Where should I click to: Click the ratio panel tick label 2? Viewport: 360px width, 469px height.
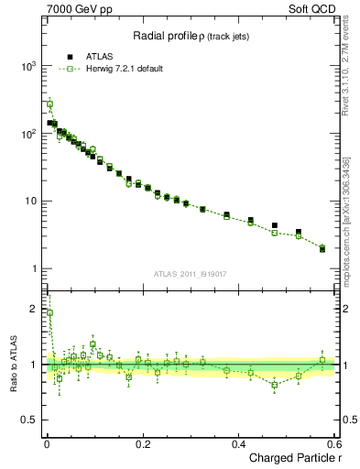coord(35,309)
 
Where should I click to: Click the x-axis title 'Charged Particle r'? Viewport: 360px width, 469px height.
coord(292,458)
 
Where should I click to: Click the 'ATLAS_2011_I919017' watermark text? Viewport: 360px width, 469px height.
coord(192,273)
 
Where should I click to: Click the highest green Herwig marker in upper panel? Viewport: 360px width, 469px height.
coord(49,104)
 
